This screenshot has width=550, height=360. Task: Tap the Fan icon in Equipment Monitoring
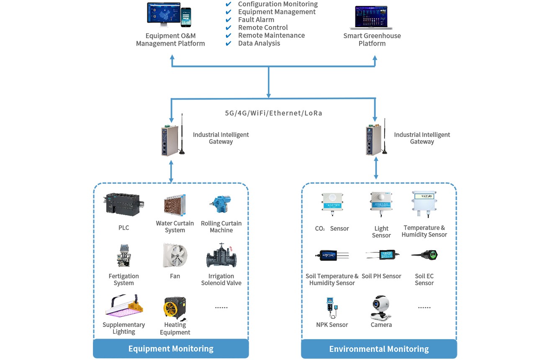point(175,255)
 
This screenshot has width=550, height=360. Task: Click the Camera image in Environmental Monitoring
point(381,308)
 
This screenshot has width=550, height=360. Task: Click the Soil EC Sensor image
point(424,255)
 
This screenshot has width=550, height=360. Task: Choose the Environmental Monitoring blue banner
point(379,349)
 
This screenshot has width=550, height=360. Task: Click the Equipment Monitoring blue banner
point(171,348)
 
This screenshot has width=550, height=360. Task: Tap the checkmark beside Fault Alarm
point(229,20)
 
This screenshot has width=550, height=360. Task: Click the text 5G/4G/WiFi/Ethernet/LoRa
point(273,113)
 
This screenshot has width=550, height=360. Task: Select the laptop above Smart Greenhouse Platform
point(371,18)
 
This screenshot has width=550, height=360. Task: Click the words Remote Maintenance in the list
point(271,36)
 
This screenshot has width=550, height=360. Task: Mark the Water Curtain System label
point(175,226)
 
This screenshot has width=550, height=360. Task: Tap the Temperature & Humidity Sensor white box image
point(424,204)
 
